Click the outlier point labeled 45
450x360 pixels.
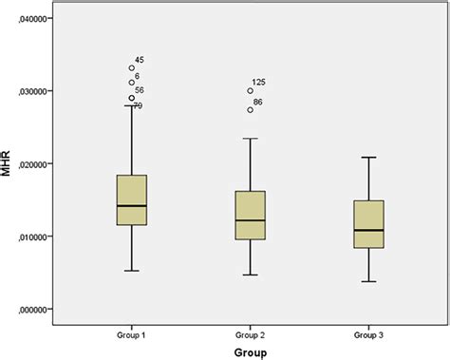pyautogui.click(x=132, y=68)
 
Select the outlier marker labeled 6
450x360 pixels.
pyautogui.click(x=132, y=83)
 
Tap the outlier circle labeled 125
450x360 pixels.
pyautogui.click(x=251, y=91)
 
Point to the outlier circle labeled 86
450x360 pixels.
pyautogui.click(x=251, y=109)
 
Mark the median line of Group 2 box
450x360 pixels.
pyautogui.click(x=251, y=220)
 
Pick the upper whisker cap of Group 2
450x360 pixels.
pyautogui.click(x=251, y=139)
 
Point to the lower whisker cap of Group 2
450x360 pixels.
pyautogui.click(x=251, y=275)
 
